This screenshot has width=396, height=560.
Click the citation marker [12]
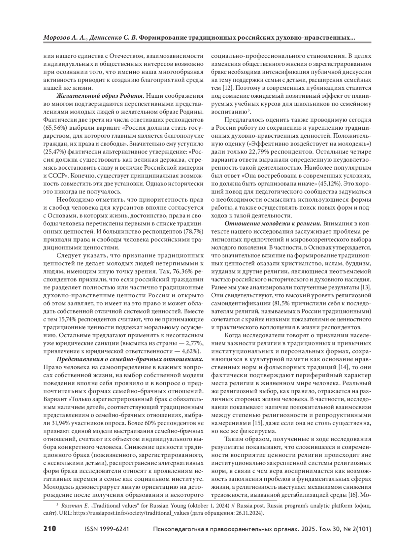pos(228,88)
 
